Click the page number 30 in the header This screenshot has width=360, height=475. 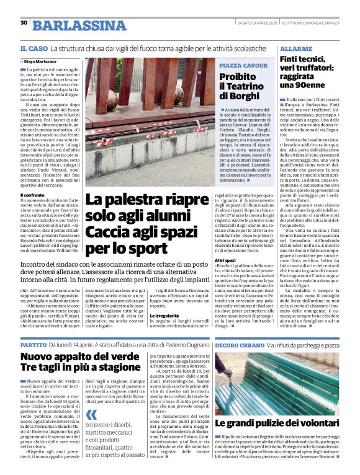24,23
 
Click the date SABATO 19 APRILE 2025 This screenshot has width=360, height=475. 256,23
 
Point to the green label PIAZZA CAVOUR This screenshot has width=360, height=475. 240,64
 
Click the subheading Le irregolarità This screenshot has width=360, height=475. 167,316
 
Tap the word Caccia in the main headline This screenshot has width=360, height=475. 107,233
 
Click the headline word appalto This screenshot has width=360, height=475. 77,357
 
